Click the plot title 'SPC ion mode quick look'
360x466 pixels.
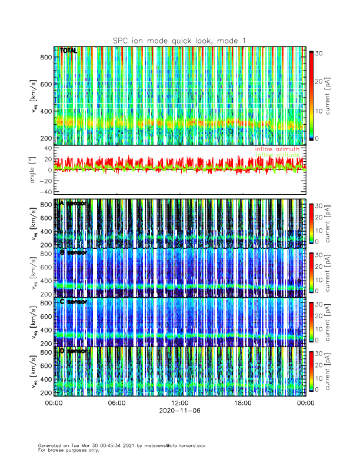tap(179, 40)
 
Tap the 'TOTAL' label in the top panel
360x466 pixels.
tap(69, 51)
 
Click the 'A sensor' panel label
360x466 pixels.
tap(73, 204)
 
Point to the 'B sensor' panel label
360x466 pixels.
tap(73, 253)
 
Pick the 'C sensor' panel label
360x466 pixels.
tap(73, 302)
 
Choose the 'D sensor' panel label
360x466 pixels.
tap(73, 351)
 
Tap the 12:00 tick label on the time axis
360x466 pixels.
tap(179, 403)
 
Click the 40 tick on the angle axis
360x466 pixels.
tap(47, 148)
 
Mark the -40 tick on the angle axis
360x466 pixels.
tap(45, 192)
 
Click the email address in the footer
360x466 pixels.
tap(174, 445)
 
